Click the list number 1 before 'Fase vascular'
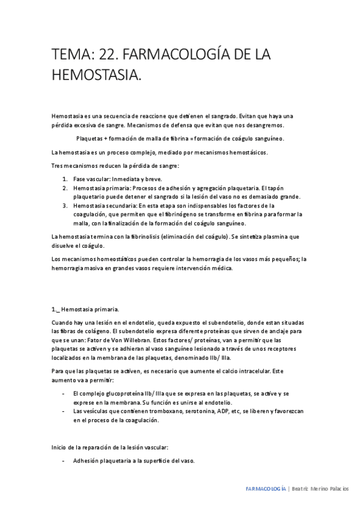coord(65,179)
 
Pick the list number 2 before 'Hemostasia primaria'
coord(65,188)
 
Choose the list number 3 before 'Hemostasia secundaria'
coord(65,205)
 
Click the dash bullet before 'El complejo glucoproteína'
coord(64,393)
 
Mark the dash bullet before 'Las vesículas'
coord(64,412)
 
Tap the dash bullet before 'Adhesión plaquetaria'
coord(64,461)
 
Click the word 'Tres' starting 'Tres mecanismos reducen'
coord(58,165)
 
